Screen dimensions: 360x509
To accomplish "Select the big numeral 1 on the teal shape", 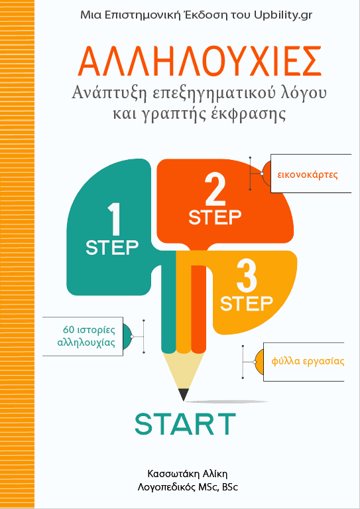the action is (114, 220).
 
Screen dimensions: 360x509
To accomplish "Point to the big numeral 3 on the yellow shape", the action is (247, 277).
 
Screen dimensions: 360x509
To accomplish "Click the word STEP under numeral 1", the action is (112, 248).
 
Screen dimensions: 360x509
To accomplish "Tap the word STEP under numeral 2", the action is (215, 218).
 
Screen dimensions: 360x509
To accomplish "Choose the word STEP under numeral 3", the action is (247, 304).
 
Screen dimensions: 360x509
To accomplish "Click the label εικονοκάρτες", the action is (308, 175).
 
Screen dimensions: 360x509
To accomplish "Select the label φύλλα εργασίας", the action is (308, 361).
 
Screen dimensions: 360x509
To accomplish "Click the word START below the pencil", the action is (185, 424).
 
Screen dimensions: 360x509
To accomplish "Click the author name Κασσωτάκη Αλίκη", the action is (190, 473).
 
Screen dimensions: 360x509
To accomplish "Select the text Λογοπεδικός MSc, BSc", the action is (188, 487).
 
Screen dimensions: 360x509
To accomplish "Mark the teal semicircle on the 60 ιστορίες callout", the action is (128, 336).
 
